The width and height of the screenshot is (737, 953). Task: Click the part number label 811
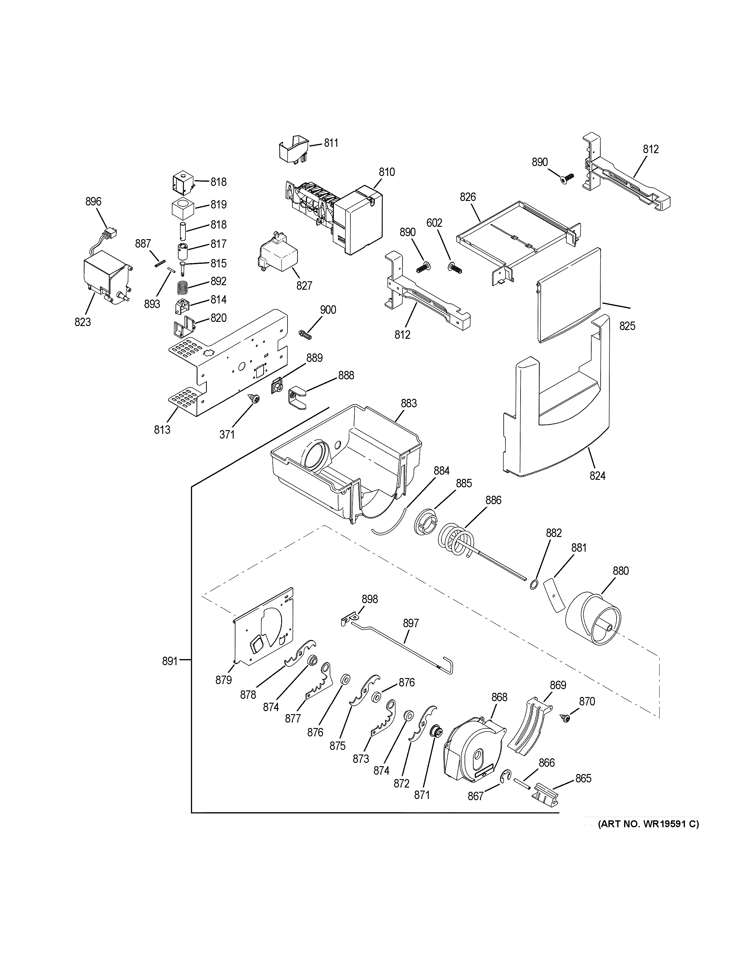(331, 143)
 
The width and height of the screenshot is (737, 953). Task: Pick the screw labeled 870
(566, 718)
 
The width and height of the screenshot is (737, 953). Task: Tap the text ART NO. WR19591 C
(648, 824)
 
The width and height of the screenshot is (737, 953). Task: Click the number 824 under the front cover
(597, 476)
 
